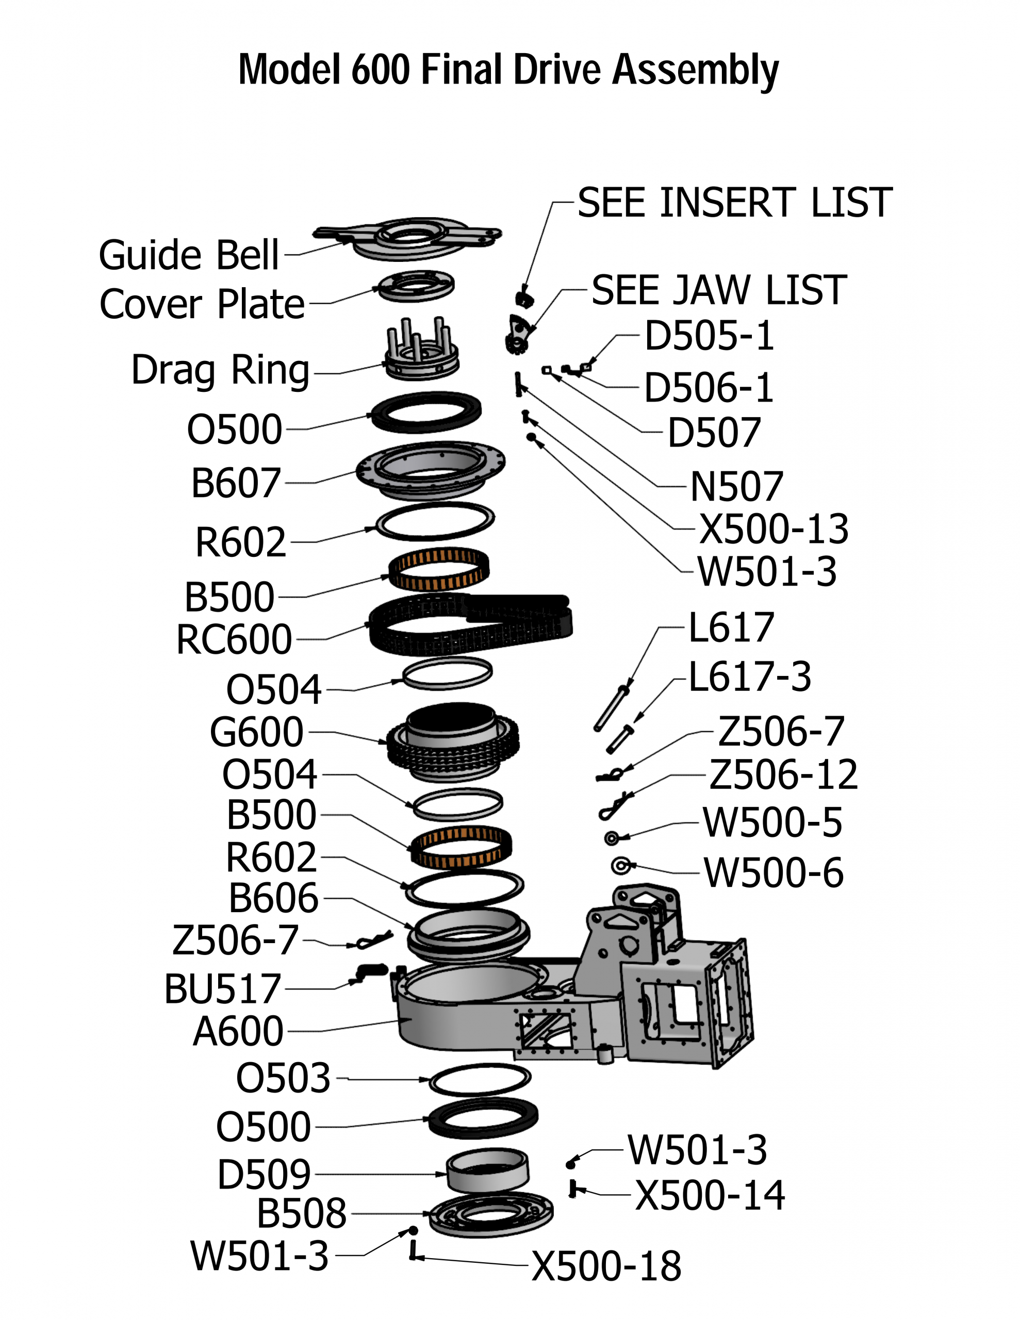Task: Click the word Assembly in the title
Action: (695, 71)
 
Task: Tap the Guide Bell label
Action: (189, 255)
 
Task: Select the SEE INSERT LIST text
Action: (735, 203)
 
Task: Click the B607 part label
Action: (236, 483)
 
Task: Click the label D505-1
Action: (709, 336)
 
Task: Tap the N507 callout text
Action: (736, 487)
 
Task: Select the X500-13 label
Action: (774, 529)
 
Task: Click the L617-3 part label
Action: (750, 676)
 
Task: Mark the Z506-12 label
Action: (783, 775)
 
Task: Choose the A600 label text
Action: (238, 1031)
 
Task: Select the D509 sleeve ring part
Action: (487, 1170)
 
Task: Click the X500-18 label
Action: (606, 1266)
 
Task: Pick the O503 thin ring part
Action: (480, 1079)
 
